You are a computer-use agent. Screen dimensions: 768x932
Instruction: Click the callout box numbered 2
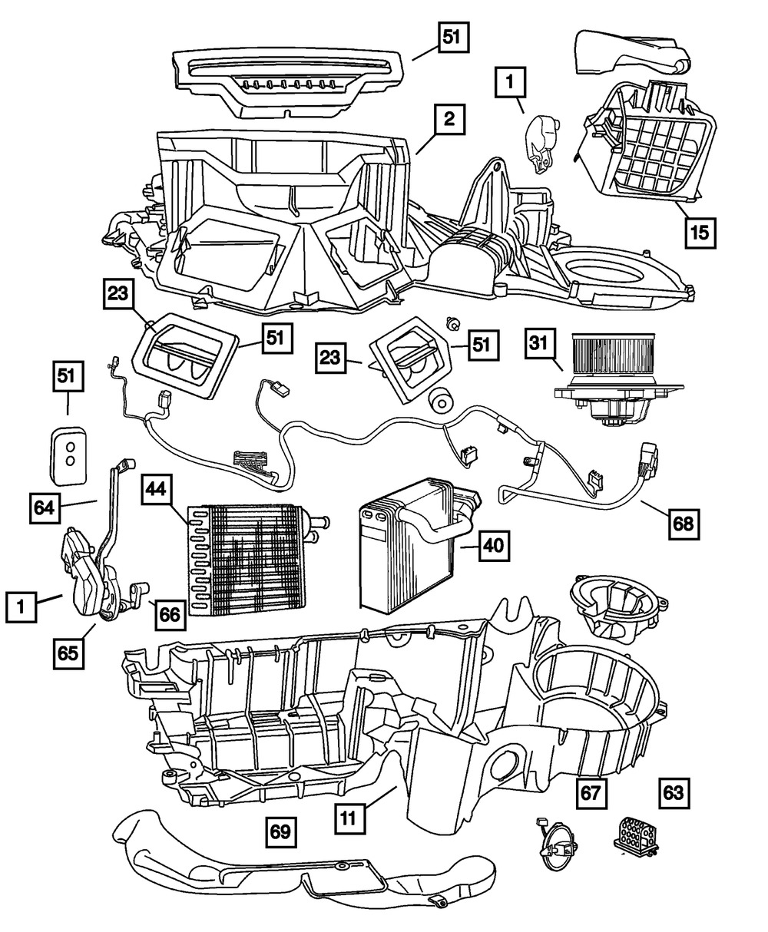tap(449, 119)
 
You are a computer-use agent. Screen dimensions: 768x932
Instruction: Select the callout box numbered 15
tap(700, 233)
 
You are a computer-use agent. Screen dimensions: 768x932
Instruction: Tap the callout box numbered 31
tap(539, 344)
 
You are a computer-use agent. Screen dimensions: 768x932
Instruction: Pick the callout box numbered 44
tap(156, 489)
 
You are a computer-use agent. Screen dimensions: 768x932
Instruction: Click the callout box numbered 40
tap(494, 545)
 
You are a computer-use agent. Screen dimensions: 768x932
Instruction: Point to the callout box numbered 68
tap(684, 524)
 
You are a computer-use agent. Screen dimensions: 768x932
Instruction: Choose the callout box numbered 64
tap(45, 508)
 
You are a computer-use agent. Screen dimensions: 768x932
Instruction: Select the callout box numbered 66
tap(170, 615)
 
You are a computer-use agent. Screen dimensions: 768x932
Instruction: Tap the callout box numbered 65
tap(68, 653)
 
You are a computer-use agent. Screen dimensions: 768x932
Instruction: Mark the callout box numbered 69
tap(281, 832)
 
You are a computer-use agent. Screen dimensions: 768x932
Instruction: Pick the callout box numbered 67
tap(591, 793)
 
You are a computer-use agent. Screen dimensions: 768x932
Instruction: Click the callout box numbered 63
tap(674, 793)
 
